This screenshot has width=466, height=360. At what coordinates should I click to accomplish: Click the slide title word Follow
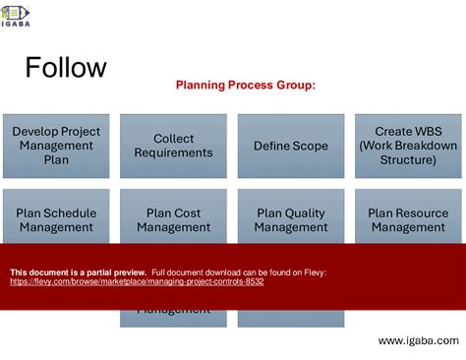click(66, 68)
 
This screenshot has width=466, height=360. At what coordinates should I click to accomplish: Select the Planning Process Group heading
click(246, 85)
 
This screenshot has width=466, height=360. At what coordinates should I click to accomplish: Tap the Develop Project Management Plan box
click(56, 146)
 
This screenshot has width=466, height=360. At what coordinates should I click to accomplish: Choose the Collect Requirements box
click(173, 146)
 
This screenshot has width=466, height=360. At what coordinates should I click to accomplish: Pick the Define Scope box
click(291, 146)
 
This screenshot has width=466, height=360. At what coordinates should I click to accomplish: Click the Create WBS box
click(408, 146)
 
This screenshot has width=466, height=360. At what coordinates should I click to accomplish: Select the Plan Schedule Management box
click(56, 219)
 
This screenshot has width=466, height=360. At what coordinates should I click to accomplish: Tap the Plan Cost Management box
click(173, 219)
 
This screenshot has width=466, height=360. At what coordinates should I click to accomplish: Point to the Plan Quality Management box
click(291, 219)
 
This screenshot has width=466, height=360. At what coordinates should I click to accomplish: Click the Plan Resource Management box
click(408, 219)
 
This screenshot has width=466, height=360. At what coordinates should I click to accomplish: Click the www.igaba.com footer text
click(418, 340)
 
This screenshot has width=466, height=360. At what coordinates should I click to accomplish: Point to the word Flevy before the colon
click(313, 271)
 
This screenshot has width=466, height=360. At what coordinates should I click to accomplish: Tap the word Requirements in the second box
click(173, 153)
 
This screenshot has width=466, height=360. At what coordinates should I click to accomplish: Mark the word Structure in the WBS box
click(408, 159)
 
